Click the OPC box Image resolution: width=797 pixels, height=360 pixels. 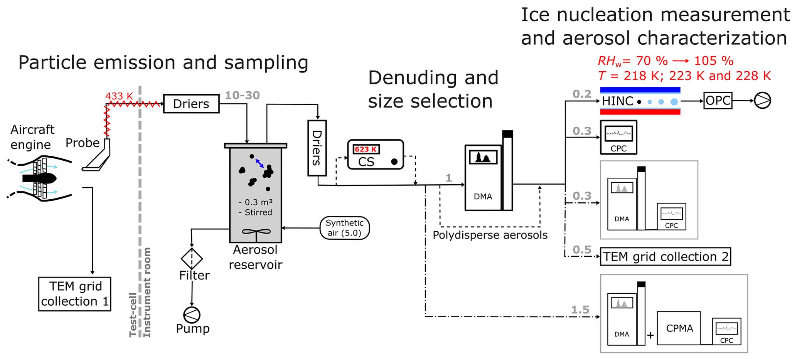click(718, 101)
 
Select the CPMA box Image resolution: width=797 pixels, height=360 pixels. click(679, 328)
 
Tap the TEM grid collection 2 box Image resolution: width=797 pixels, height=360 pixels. click(665, 257)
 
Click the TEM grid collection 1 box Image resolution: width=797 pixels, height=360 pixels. click(75, 294)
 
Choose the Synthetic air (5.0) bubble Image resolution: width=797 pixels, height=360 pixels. click(344, 228)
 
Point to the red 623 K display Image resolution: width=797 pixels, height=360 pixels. click(366, 149)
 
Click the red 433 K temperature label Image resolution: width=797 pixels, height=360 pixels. click(119, 96)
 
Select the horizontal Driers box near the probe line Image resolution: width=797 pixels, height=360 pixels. click(191, 104)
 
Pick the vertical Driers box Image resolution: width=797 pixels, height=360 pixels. click(317, 148)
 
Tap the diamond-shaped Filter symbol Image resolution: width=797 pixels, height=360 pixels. click(192, 258)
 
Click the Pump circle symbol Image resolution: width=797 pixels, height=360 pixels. click(192, 315)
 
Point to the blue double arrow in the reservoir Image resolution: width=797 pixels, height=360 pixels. click(259, 163)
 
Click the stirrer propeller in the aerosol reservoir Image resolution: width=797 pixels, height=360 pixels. click(256, 232)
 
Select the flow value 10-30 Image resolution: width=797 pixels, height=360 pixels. click(242, 95)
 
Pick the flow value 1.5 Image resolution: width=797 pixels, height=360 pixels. click(580, 310)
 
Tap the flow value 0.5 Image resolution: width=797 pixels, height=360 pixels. click(582, 250)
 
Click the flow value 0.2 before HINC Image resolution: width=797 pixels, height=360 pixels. click(582, 94)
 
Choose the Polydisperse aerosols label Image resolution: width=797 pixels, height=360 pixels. click(490, 235)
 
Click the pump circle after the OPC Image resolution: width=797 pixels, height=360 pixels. click(762, 101)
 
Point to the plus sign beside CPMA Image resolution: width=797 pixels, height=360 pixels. click(650, 336)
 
